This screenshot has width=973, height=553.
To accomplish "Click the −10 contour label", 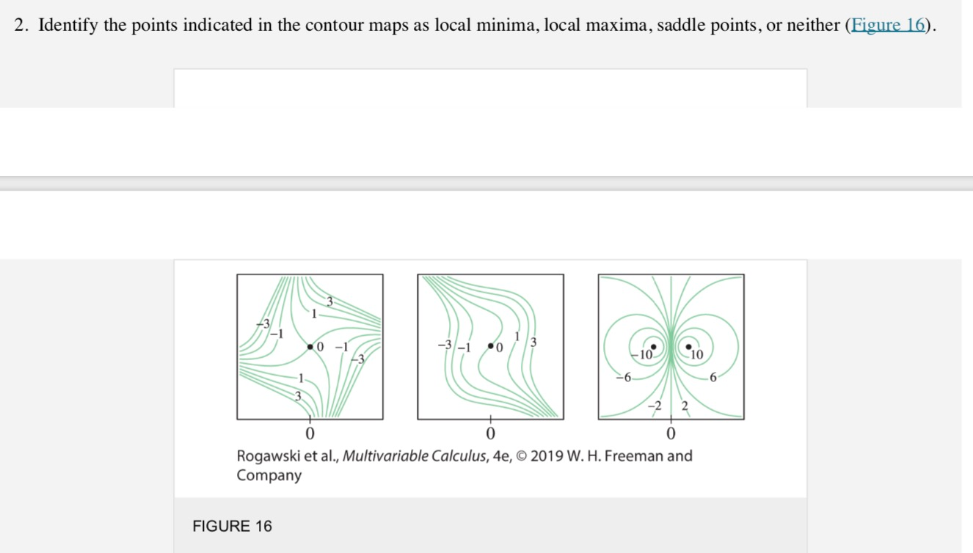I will tap(644, 354).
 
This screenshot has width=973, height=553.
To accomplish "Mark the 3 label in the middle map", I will tap(533, 342).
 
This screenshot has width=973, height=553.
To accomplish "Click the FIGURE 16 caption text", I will tap(232, 526).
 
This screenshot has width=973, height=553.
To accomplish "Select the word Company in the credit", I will tap(269, 475).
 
